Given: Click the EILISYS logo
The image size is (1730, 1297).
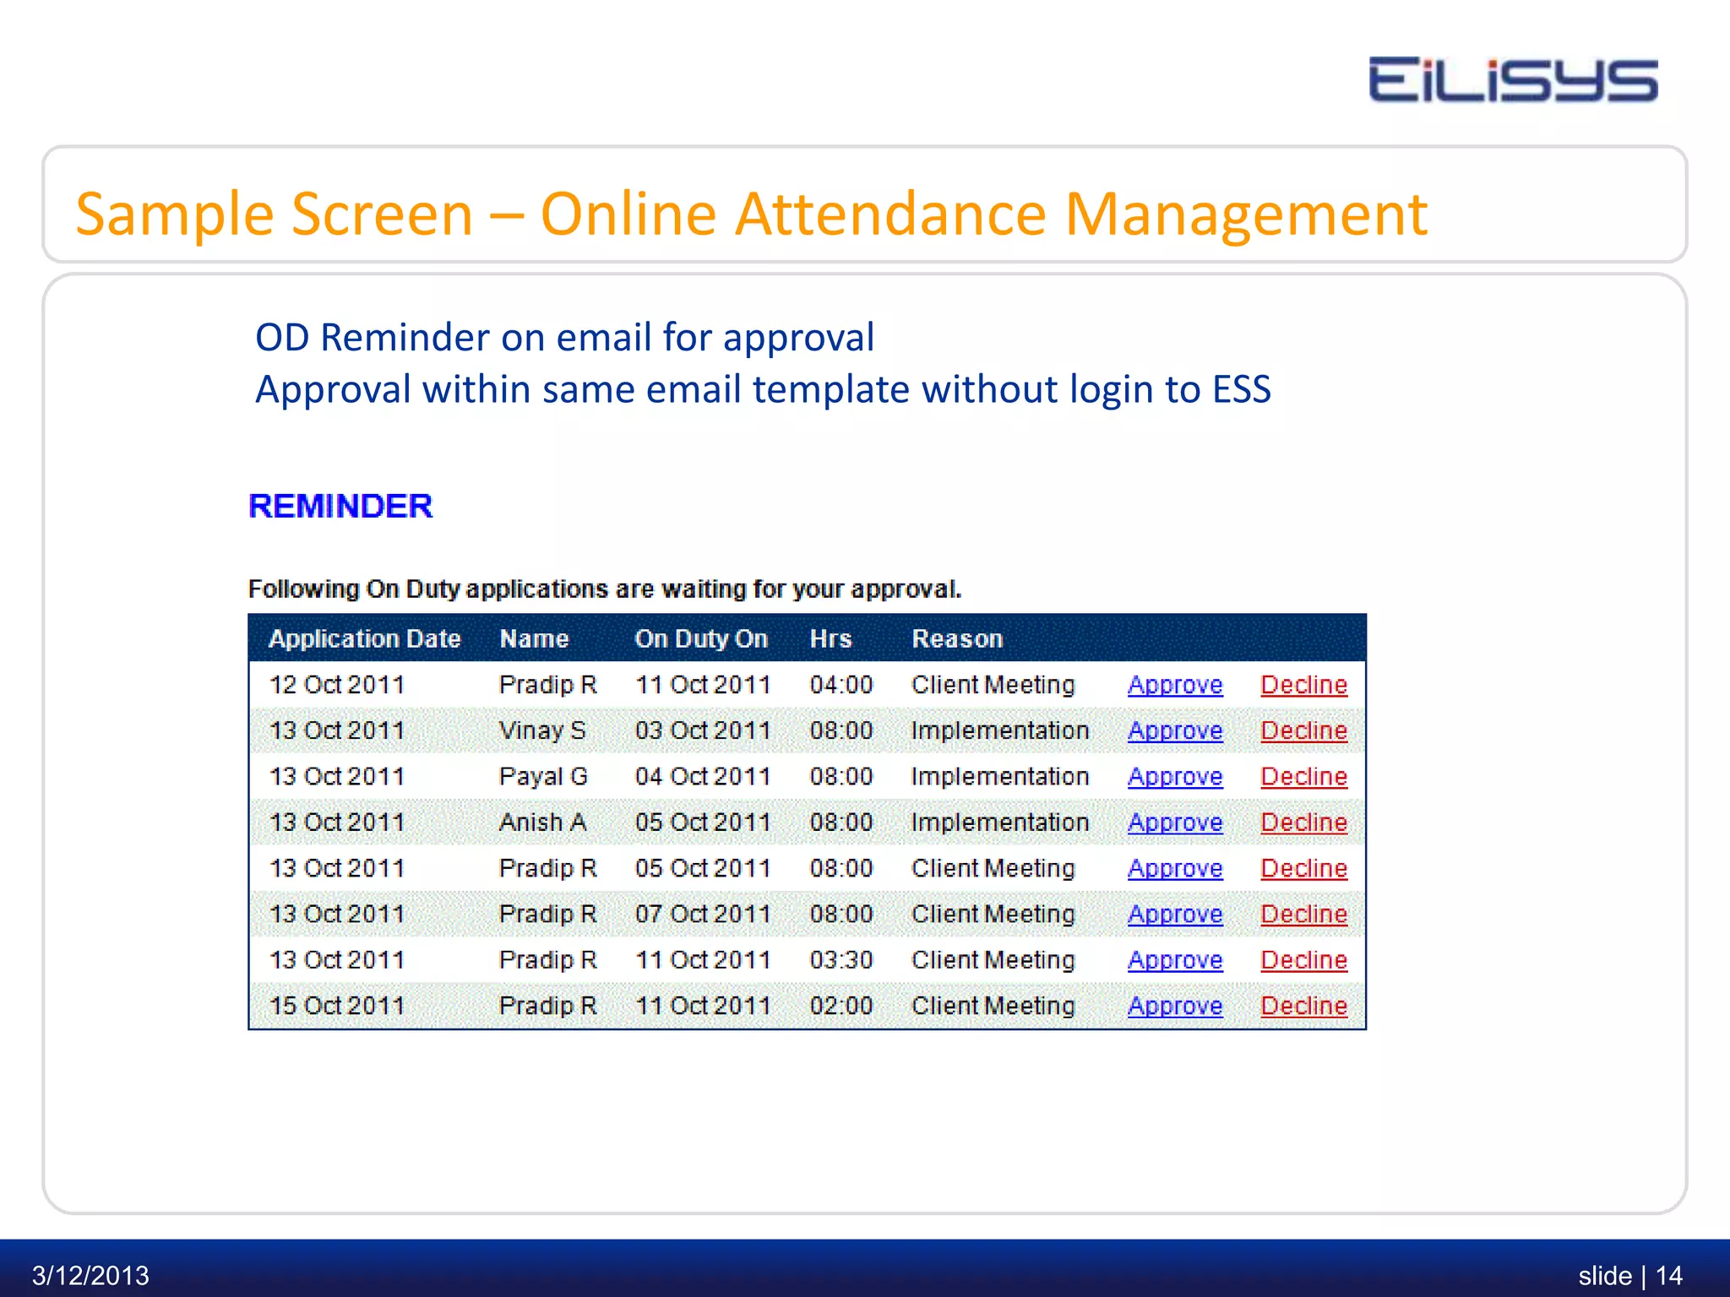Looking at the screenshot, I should point(1512,80).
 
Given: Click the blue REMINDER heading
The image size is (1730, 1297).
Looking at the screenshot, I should point(340,506).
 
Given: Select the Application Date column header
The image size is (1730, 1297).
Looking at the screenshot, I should point(364,638).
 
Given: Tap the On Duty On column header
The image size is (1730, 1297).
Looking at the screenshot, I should point(701,638).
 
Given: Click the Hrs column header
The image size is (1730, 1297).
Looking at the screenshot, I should point(830,638).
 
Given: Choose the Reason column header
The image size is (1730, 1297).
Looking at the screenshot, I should point(957,638).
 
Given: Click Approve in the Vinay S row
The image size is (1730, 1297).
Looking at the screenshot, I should point(1175,730).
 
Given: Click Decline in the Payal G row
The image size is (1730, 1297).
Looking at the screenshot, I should point(1303,776).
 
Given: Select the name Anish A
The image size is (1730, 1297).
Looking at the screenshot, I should point(542,822).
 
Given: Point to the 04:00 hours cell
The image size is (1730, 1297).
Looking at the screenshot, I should point(841,685).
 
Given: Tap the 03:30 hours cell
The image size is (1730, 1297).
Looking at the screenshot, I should point(841,960).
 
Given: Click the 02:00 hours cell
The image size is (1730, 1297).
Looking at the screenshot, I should point(841,1006).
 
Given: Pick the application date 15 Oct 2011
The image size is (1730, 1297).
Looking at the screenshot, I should point(336,1006).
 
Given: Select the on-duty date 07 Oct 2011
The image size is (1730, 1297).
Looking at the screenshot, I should point(702,914).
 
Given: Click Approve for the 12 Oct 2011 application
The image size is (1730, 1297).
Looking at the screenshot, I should point(1175,685).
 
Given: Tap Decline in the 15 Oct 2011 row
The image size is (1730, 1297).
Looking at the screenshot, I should point(1303,1006).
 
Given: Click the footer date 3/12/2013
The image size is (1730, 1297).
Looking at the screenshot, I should point(90,1275).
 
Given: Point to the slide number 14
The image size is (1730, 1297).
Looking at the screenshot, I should point(1668,1275).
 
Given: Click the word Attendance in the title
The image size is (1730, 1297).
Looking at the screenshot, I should point(891,214).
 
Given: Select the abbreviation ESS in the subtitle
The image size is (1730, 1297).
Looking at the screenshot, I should point(1241,389).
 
